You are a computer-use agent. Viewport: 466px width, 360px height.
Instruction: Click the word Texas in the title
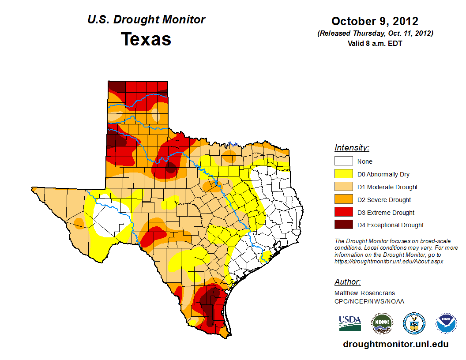pos(146,39)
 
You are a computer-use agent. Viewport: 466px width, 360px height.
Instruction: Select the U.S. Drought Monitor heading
pos(146,20)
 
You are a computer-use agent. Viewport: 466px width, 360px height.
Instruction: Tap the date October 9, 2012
pos(375,21)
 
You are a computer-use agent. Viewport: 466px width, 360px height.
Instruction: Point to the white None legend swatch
pos(343,161)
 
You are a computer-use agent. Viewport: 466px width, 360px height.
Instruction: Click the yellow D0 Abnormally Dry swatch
pos(343,174)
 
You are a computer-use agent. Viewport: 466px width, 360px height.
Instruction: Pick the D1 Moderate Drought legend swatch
pos(343,187)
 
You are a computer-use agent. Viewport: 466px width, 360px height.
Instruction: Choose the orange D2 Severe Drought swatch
pos(343,199)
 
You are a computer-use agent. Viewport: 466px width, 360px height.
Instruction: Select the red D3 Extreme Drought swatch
pos(343,212)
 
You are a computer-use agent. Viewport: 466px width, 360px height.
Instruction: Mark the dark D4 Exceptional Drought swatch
pos(343,225)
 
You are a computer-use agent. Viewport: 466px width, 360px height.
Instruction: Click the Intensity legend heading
pos(352,148)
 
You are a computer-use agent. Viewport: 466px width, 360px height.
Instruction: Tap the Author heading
pos(347,282)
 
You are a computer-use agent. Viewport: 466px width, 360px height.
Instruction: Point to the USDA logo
pos(350,323)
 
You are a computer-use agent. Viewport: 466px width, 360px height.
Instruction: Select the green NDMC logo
pos(382,323)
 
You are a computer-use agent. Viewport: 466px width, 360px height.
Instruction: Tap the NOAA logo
pos(447,323)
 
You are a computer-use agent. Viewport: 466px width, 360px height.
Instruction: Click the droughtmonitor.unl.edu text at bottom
pos(396,345)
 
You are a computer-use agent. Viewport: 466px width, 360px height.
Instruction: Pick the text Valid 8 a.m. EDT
pos(375,43)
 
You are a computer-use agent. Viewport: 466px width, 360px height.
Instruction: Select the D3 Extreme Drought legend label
pos(386,213)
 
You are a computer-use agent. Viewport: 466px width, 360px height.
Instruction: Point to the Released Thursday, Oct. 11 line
pos(375,34)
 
